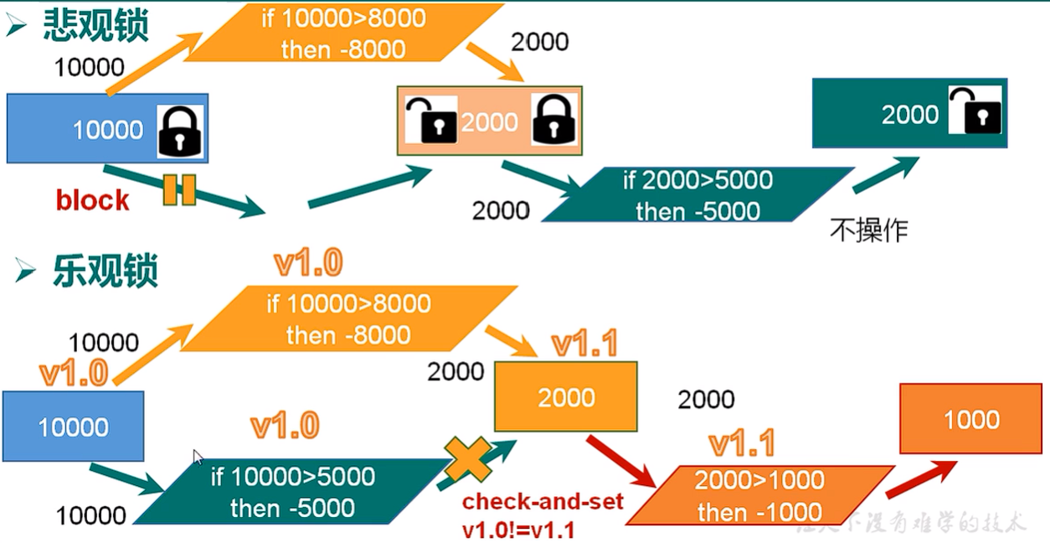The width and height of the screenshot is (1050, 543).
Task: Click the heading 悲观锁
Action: coord(95,27)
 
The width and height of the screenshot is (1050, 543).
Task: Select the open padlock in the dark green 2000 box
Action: coord(975,110)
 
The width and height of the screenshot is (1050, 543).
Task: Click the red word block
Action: coord(92,201)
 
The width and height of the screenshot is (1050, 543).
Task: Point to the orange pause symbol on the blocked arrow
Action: coord(179,189)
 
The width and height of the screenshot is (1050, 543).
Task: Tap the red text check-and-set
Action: coord(543,502)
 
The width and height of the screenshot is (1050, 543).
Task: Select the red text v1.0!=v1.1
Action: coord(517,530)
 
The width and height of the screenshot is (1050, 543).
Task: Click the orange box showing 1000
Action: coord(971,419)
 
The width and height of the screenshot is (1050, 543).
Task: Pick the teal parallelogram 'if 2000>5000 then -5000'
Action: coord(697,195)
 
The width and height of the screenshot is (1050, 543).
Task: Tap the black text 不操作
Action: coord(868,230)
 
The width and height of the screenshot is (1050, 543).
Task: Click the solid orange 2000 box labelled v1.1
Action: coord(566,397)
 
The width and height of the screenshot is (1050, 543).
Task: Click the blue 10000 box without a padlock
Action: coord(73,427)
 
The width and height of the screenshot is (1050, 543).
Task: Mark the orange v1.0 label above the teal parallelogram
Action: coord(285,427)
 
